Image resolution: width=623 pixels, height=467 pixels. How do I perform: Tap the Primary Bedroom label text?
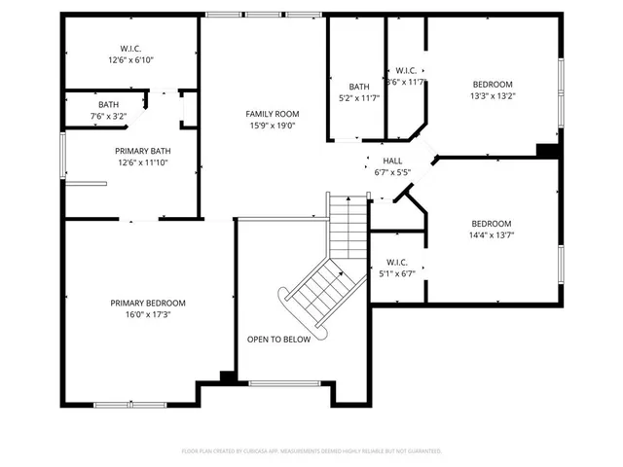tap(147, 303)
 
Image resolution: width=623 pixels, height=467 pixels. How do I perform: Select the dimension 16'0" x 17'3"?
tap(147, 314)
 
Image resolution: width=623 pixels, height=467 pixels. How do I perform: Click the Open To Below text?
tap(278, 340)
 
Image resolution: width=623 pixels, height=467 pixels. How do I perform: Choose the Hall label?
tap(392, 161)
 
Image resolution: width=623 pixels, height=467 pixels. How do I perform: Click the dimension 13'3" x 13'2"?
tap(493, 95)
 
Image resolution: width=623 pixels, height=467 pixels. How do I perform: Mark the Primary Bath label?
tap(143, 150)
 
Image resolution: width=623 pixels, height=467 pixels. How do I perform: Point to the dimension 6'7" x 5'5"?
tap(392, 172)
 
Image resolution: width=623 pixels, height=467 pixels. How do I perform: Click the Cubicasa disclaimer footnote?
tap(311, 450)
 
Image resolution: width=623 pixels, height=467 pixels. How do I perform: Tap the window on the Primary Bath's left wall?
tap(63, 156)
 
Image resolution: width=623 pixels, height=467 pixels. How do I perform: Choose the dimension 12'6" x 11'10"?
tap(143, 162)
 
